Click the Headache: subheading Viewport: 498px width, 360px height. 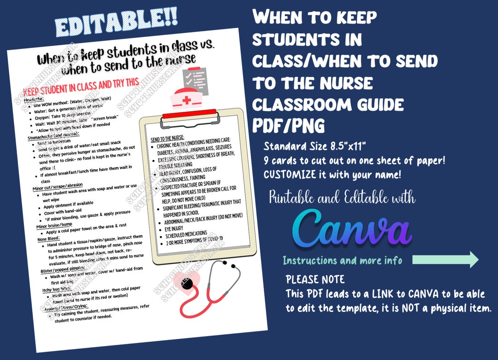coord(34,100)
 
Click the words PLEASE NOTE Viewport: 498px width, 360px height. coord(314,279)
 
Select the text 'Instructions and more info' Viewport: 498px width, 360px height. coord(342,260)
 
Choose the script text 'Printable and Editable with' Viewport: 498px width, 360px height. coord(342,198)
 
